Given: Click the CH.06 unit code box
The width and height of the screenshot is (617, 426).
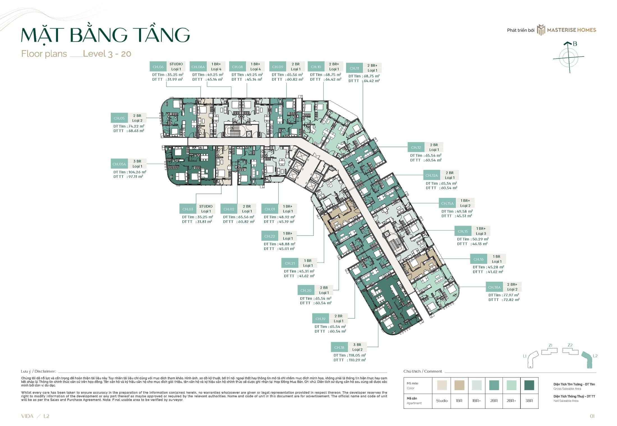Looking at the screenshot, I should coord(158,67).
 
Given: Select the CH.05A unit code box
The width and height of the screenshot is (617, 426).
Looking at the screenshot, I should coord(119,164).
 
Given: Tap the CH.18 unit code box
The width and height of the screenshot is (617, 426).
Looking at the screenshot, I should coord(339,347).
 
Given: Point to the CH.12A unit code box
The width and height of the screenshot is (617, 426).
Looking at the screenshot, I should coord(431,176).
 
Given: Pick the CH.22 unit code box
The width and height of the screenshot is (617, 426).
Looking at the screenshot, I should coord(270,236).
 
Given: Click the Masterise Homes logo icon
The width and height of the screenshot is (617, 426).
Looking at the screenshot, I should coord(541,30).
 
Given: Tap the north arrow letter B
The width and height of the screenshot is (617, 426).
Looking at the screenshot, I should coord(575,44).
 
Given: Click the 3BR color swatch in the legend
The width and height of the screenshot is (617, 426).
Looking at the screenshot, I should coord(529,385).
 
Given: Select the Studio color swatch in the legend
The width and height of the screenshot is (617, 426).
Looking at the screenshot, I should coord(442,385).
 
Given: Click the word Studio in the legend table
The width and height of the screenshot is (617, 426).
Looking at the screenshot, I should coord(442,401).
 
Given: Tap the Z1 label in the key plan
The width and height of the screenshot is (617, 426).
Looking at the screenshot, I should coord(550,345).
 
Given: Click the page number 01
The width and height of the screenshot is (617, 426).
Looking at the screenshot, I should coord(592,416).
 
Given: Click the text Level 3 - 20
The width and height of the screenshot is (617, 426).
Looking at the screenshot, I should coord(107,54).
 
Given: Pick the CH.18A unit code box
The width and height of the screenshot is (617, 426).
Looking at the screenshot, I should coord(494,287).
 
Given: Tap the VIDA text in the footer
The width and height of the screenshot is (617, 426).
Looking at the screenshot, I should coord(27,416).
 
